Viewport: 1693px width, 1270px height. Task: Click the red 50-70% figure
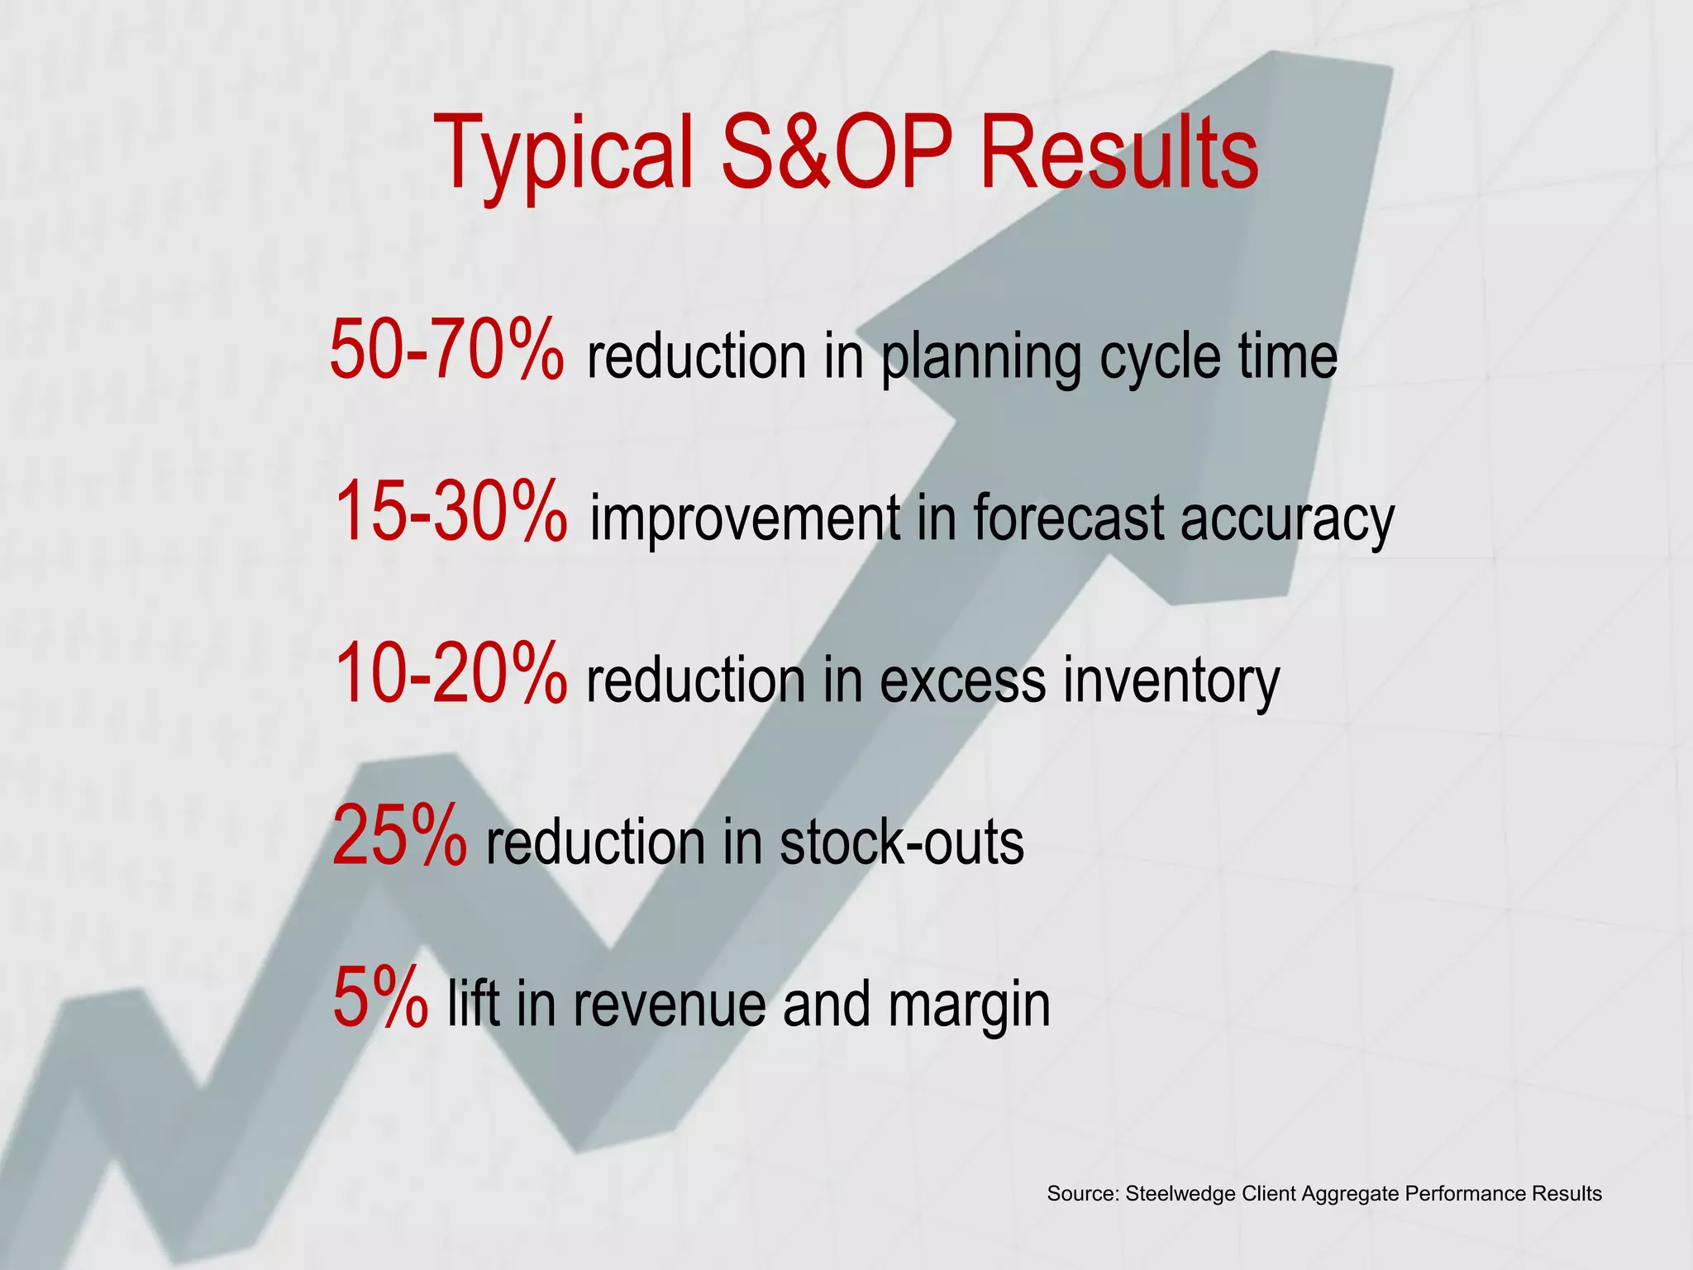click(x=447, y=351)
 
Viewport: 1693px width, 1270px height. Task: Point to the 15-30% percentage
click(x=451, y=513)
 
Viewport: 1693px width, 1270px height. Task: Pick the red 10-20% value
click(x=451, y=675)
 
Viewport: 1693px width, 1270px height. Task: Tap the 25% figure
click(x=399, y=837)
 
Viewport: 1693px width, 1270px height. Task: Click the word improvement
click(x=745, y=519)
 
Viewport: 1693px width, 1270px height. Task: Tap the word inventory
click(x=1171, y=681)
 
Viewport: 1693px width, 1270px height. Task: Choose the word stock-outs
click(x=901, y=843)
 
